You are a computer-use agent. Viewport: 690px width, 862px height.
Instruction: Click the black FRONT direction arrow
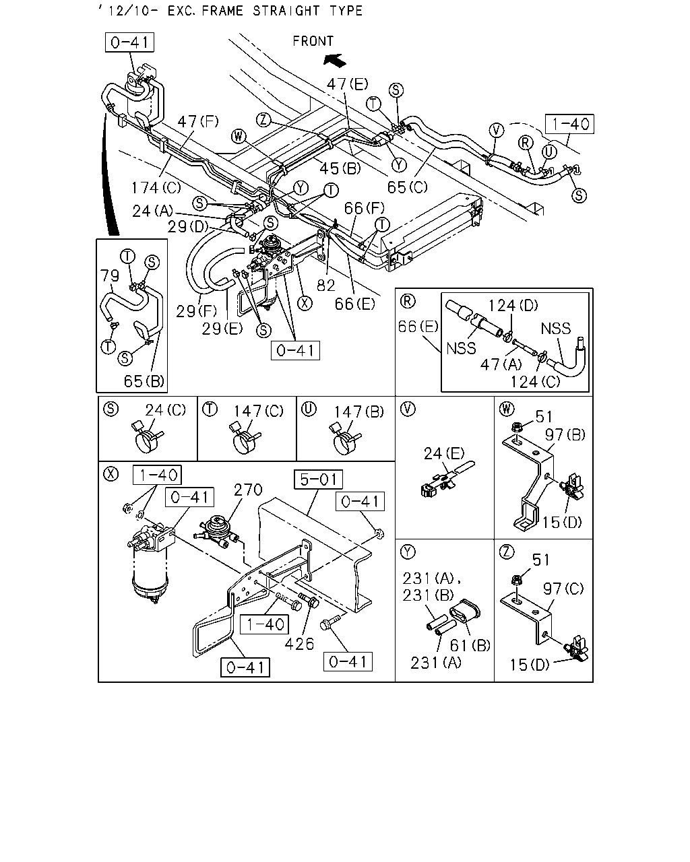click(x=334, y=61)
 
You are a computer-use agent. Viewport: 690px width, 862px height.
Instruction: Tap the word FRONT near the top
click(x=313, y=41)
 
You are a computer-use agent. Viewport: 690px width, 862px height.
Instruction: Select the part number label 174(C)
click(x=156, y=187)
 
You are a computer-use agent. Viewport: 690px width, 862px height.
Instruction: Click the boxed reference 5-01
click(x=318, y=479)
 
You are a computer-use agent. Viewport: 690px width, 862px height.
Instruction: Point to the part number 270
click(x=248, y=490)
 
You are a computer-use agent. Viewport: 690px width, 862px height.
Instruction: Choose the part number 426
click(x=299, y=644)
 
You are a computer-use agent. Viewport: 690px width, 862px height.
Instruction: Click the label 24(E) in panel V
click(x=444, y=453)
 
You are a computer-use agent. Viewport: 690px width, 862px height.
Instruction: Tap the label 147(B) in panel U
click(x=359, y=411)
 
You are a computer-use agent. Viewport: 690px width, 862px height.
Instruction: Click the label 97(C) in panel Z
click(x=563, y=589)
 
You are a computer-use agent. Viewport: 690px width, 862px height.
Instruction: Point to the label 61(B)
click(x=470, y=645)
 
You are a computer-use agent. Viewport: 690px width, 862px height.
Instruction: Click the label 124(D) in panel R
click(x=513, y=306)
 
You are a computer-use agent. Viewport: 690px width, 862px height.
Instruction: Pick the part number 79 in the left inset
click(x=109, y=275)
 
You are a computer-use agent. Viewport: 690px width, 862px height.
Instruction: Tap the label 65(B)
click(x=144, y=381)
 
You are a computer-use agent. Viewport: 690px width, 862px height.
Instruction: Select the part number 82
click(x=325, y=285)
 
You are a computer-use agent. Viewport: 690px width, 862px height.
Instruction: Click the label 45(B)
click(x=340, y=168)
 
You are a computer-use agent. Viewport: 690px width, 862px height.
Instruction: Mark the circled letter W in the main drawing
click(x=239, y=137)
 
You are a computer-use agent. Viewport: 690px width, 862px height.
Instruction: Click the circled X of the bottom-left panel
click(x=111, y=474)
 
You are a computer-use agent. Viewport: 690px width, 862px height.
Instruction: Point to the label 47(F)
click(x=198, y=121)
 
